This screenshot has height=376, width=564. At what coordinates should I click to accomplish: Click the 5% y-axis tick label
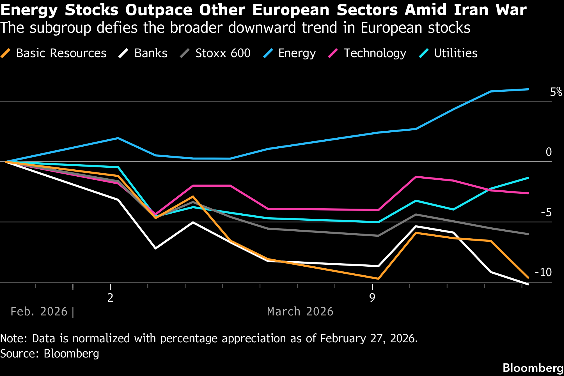pyautogui.click(x=556, y=92)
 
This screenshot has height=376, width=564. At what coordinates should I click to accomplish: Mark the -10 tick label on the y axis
pyautogui.click(x=543, y=272)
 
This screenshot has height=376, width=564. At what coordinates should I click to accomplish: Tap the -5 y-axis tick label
pyautogui.click(x=546, y=213)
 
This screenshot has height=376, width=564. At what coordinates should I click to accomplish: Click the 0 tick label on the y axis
pyautogui.click(x=549, y=152)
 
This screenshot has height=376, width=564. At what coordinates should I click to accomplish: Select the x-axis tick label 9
pyautogui.click(x=372, y=298)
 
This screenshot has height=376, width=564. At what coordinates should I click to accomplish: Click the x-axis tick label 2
pyautogui.click(x=110, y=298)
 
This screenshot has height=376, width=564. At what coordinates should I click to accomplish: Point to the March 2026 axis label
pyautogui.click(x=300, y=312)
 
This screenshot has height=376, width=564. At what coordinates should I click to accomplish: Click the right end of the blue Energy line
pyautogui.click(x=528, y=89)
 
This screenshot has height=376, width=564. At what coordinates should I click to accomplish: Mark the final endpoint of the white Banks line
pyautogui.click(x=528, y=284)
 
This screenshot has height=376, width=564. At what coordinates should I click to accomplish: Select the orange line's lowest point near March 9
pyautogui.click(x=379, y=279)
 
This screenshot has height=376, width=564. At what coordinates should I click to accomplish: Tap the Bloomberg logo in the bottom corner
pyautogui.click(x=533, y=368)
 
